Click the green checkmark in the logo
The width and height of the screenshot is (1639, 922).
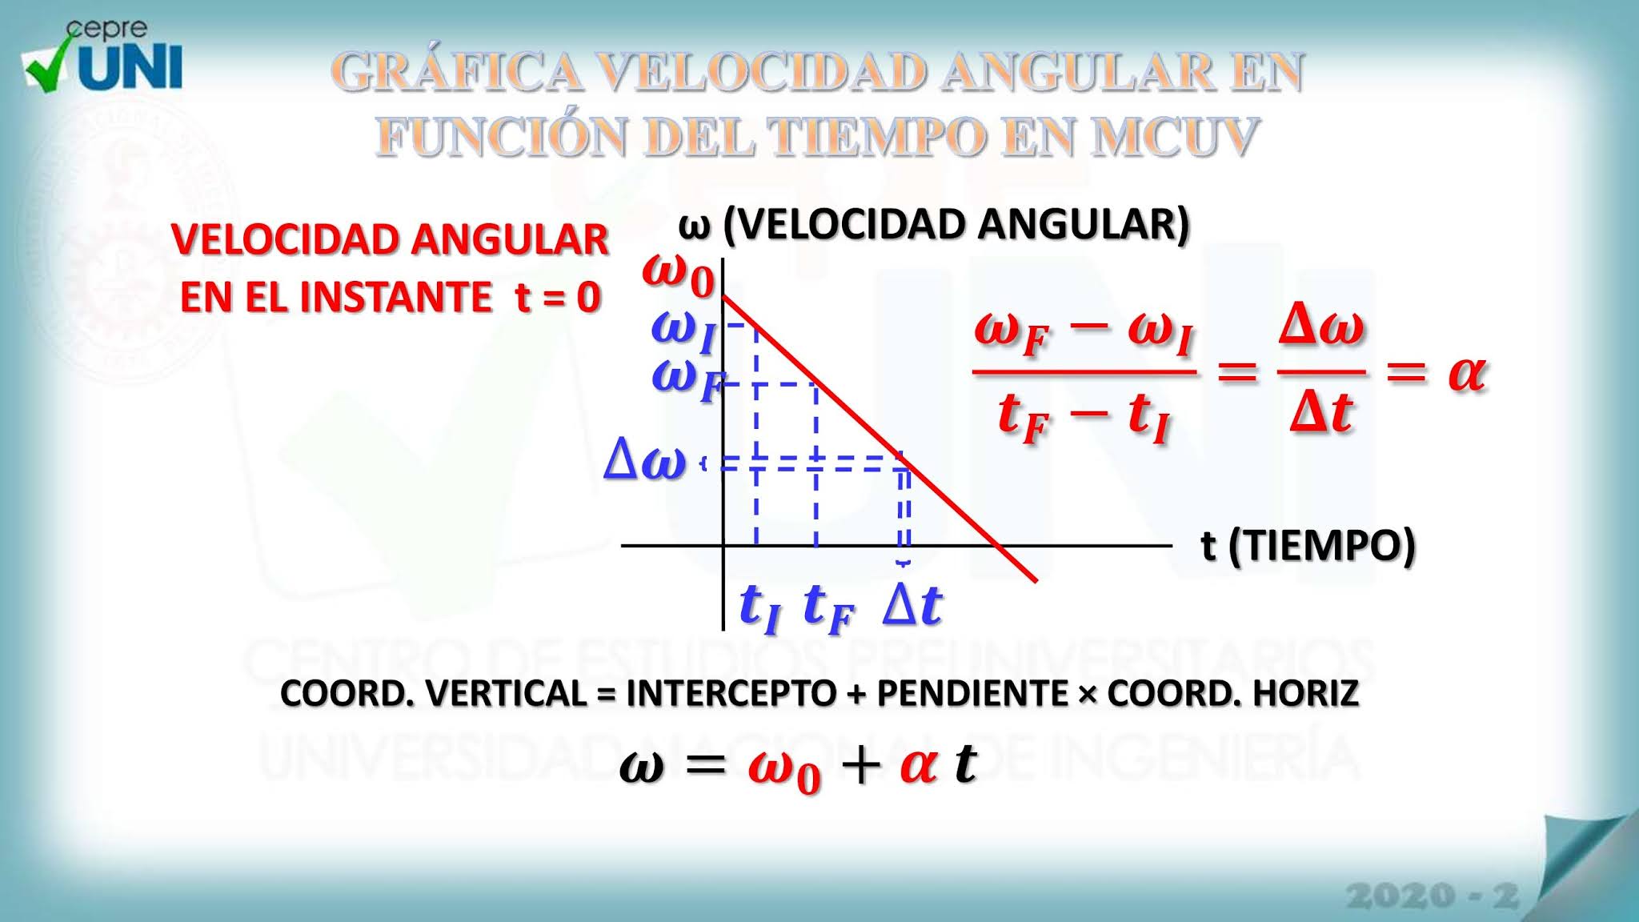[x=50, y=68]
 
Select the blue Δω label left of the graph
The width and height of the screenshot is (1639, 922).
[x=645, y=461]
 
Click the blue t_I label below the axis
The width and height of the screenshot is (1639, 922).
[x=758, y=607]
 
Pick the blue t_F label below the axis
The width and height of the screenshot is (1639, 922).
[x=828, y=607]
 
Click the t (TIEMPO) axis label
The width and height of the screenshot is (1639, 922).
[x=1308, y=546]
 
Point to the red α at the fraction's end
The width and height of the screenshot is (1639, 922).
[x=1467, y=373]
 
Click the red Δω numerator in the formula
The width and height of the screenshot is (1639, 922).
[x=1320, y=327]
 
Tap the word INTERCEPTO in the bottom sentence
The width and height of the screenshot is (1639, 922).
[x=731, y=693]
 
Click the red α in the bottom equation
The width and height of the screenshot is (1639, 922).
[x=918, y=764]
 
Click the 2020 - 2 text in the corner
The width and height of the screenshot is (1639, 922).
[x=1432, y=896]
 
